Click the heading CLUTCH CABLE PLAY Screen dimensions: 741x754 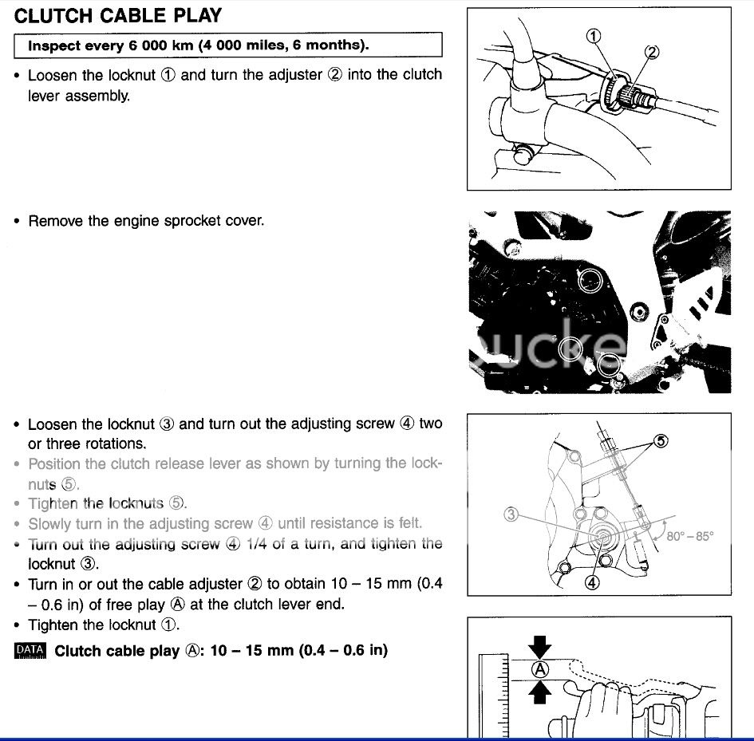click(x=118, y=15)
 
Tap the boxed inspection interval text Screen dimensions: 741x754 click(x=198, y=45)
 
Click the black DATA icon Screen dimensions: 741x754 click(x=30, y=651)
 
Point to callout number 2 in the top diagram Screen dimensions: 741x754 click(x=651, y=53)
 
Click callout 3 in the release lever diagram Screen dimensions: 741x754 click(x=511, y=514)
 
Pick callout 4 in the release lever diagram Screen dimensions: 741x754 click(x=592, y=582)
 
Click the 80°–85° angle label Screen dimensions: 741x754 click(x=689, y=537)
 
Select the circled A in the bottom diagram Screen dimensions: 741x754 click(x=540, y=670)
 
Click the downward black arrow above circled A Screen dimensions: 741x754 click(x=541, y=644)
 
